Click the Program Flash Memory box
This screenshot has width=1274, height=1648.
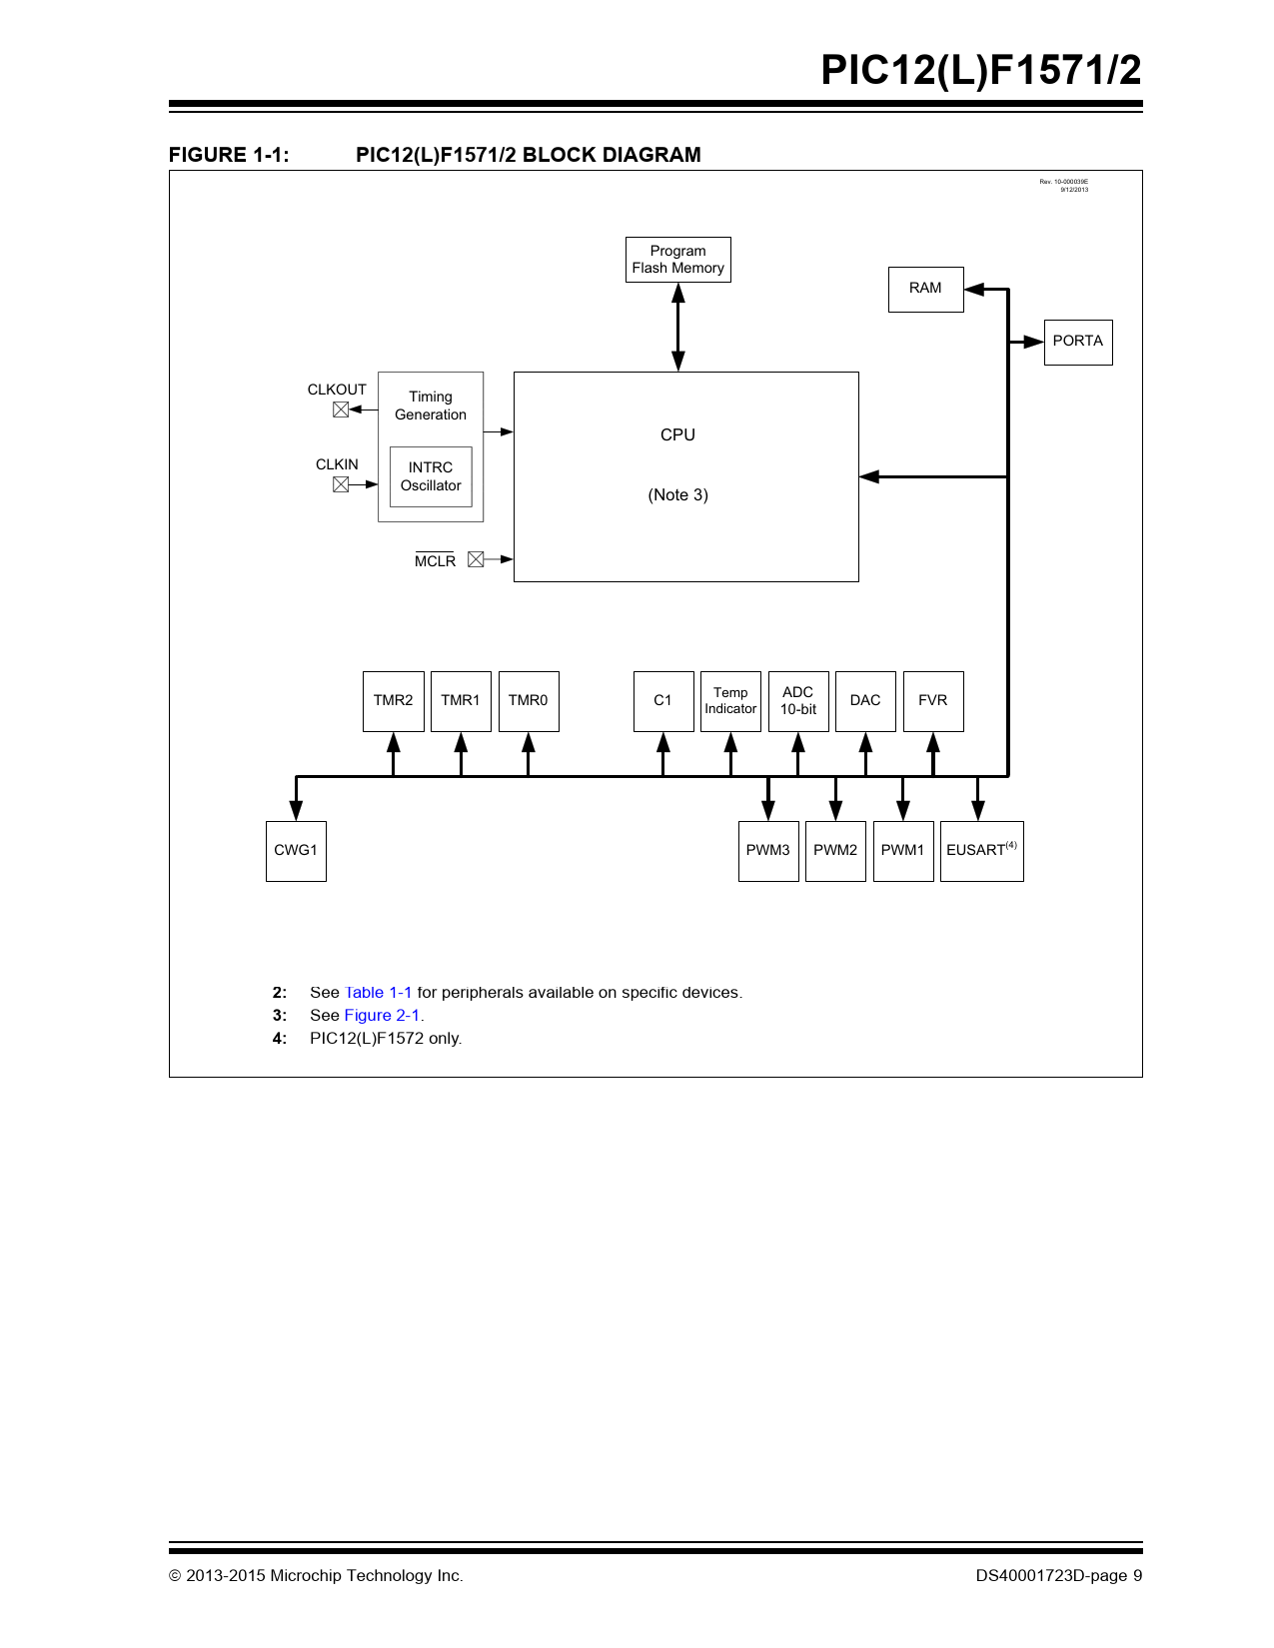pos(677,260)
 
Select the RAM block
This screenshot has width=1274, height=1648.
pos(925,289)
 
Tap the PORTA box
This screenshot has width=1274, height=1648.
pos(1077,342)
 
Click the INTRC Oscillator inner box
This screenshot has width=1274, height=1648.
pos(431,476)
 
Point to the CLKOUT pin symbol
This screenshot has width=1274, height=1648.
pos(341,410)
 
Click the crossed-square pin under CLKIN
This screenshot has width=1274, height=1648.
pos(341,483)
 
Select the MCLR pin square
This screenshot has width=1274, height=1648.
pos(476,559)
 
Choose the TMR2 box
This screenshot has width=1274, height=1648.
pos(393,701)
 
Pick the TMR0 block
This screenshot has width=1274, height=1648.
pos(529,701)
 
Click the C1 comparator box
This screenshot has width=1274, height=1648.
pos(663,701)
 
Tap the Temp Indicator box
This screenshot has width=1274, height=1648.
pos(730,701)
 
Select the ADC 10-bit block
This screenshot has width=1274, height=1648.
pos(798,701)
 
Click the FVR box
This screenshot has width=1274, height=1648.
pos(933,701)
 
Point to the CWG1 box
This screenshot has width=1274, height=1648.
pos(296,851)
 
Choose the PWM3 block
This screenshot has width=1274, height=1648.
pos(768,851)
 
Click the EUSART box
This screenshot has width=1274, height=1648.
pos(982,851)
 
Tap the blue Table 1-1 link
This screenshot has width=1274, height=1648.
pos(378,992)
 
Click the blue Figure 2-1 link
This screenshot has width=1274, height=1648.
pos(382,1015)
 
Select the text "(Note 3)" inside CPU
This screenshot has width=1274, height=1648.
pos(677,494)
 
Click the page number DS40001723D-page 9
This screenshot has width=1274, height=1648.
pos(1058,1575)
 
